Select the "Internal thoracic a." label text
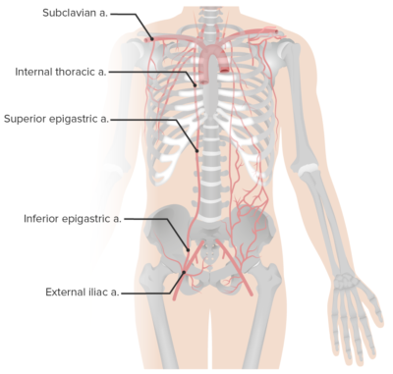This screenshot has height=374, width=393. point(61,72)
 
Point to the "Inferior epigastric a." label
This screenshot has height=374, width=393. point(73,218)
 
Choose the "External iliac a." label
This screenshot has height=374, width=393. point(83,292)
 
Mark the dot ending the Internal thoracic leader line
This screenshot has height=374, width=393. point(196,85)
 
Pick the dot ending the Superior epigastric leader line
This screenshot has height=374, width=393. point(198,150)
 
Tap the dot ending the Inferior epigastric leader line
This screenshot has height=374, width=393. point(189,249)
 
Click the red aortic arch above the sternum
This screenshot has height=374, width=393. point(219,61)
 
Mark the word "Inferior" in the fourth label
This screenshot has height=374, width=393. point(41,218)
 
